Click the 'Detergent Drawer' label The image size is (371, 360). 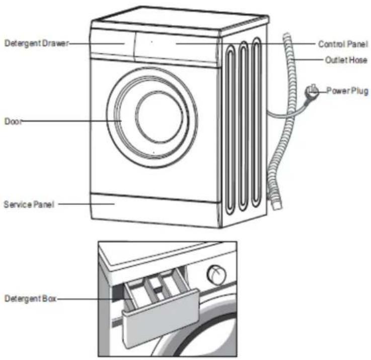pyautogui.click(x=37, y=43)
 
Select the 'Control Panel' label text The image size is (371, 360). pyautogui.click(x=343, y=44)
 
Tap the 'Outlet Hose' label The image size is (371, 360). pyautogui.click(x=346, y=60)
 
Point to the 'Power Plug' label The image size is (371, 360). pyautogui.click(x=347, y=91)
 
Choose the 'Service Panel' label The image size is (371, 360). pyautogui.click(x=29, y=204)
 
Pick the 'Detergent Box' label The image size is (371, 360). pyautogui.click(x=31, y=299)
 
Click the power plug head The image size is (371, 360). pyautogui.click(x=312, y=91)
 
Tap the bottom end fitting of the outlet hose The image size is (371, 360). pyautogui.click(x=276, y=204)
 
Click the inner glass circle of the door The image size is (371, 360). pyautogui.click(x=159, y=117)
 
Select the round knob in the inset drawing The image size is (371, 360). pyautogui.click(x=216, y=274)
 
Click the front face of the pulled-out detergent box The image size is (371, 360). pyautogui.click(x=161, y=318)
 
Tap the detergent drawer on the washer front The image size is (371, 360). pyautogui.click(x=112, y=43)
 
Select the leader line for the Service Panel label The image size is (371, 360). pyautogui.click(x=87, y=204)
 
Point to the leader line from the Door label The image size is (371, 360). pyautogui.click(x=71, y=121)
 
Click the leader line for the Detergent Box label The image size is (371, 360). pyautogui.click(x=95, y=299)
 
